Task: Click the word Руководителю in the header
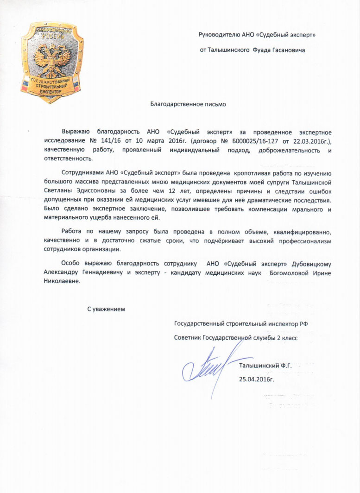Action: (x=219, y=35)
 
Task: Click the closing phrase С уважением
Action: (x=107, y=308)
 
